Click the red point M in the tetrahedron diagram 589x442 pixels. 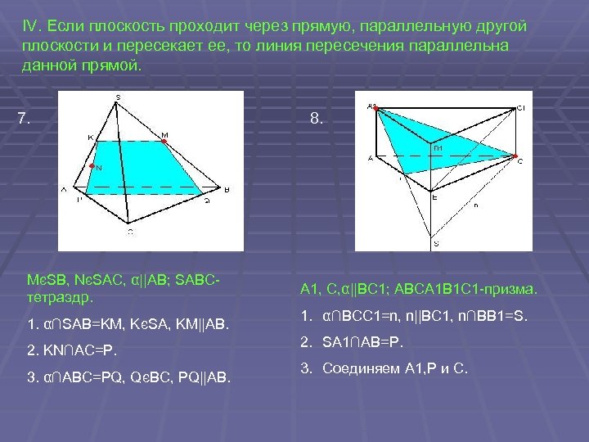(x=164, y=142)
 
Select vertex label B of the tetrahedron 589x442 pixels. (x=227, y=190)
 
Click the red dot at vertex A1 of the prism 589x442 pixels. (x=375, y=107)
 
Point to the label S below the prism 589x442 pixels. (x=435, y=243)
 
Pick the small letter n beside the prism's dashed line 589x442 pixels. (x=475, y=205)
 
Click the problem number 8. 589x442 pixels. (x=316, y=119)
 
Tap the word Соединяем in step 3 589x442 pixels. (x=359, y=368)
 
